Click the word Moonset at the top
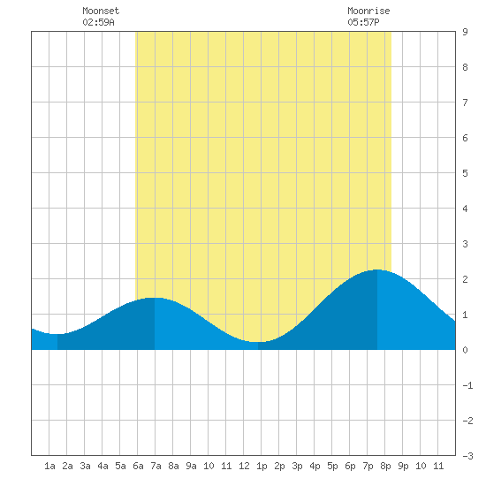[101, 11]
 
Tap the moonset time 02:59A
[98, 22]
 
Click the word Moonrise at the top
[368, 11]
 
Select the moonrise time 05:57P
[363, 22]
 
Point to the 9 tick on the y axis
[465, 32]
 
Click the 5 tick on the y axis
[465, 173]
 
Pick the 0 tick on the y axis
[465, 350]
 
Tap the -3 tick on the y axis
[467, 456]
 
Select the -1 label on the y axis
[467, 385]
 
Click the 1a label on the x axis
[49, 466]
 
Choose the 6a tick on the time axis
[138, 466]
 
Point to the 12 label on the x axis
[244, 466]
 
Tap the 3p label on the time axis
[297, 466]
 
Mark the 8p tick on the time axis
[385, 466]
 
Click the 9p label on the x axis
[403, 466]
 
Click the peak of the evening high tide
[377, 270]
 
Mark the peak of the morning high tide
[155, 298]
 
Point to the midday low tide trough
[258, 342]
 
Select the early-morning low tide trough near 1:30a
[57, 334]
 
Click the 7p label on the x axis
[368, 466]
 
